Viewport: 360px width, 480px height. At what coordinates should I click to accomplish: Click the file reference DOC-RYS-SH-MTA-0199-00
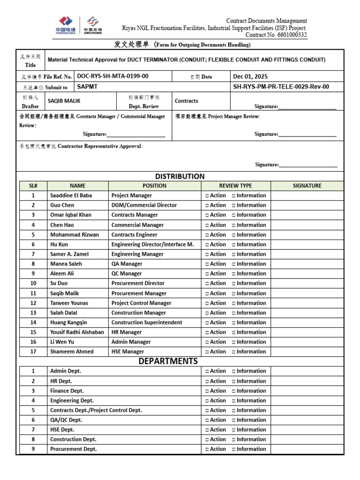pos(112,76)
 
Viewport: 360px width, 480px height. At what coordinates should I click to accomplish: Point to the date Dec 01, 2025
pos(250,76)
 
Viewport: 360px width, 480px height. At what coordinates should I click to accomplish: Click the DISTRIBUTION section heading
pos(180,176)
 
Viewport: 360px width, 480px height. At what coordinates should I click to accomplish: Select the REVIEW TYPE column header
pos(235,186)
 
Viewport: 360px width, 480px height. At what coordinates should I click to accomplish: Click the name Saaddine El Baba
pos(71,195)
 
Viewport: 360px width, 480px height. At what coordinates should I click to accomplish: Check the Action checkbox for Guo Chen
pos(207,205)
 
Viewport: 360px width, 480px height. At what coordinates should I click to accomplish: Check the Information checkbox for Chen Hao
pos(234,225)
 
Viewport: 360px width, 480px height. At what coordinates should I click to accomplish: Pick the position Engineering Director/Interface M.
pos(152,244)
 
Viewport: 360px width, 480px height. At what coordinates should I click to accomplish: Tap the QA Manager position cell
pos(127,264)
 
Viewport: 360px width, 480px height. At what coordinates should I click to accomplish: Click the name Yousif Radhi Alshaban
pos(77,332)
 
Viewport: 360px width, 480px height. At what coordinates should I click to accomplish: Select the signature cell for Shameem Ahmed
pos(307,352)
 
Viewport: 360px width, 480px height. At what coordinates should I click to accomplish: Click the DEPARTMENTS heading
pos(168,361)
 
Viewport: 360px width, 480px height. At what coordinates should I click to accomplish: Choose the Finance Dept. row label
pos(67,390)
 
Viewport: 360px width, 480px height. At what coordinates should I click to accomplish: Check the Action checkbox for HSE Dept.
pos(207,429)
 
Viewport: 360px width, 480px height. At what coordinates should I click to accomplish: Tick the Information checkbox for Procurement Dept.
pos(234,449)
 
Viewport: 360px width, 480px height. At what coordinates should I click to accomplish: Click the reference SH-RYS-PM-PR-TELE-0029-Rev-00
pos(281,86)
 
